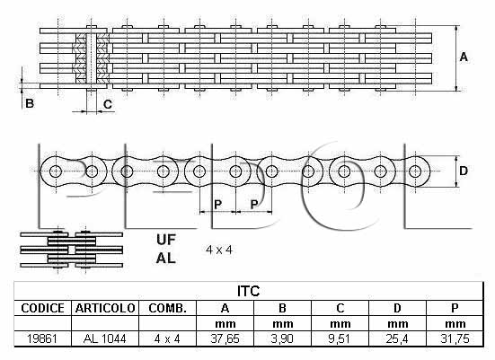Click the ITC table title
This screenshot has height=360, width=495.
pyautogui.click(x=249, y=291)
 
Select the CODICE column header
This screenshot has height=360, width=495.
pyautogui.click(x=42, y=308)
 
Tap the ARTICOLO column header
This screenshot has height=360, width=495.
pyautogui.click(x=105, y=308)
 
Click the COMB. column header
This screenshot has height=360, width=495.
pyautogui.click(x=167, y=308)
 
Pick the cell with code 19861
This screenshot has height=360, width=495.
pyautogui.click(x=42, y=338)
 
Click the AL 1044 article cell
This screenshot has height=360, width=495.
pyautogui.click(x=105, y=338)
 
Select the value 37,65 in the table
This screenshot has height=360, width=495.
pyautogui.click(x=225, y=338)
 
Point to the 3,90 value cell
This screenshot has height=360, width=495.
pyautogui.click(x=282, y=338)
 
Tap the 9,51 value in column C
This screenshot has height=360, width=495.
pyautogui.click(x=340, y=338)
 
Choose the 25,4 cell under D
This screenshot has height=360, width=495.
pyautogui.click(x=397, y=338)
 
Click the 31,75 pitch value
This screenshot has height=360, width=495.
pyautogui.click(x=455, y=338)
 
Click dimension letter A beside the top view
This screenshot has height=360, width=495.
pyautogui.click(x=464, y=57)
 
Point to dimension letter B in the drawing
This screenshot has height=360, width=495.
pyautogui.click(x=30, y=103)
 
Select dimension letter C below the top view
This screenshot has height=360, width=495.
pyautogui.click(x=108, y=104)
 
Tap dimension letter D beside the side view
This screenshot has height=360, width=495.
pyautogui.click(x=464, y=171)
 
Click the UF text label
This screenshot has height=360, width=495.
pyautogui.click(x=165, y=240)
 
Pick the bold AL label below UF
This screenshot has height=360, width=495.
pyautogui.click(x=165, y=258)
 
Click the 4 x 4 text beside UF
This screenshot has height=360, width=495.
pyautogui.click(x=219, y=250)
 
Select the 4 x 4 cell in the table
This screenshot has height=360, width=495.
pyautogui.click(x=167, y=338)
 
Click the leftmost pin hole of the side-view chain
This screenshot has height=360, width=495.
pyautogui.click(x=56, y=171)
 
